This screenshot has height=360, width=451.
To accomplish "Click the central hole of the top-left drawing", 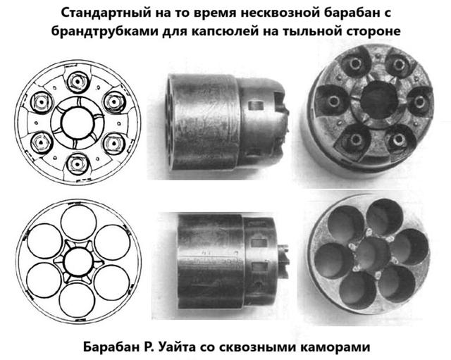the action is coord(78,123).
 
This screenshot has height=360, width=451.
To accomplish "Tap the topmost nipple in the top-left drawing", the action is coord(78,82).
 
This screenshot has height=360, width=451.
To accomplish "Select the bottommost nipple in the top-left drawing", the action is coord(77,164).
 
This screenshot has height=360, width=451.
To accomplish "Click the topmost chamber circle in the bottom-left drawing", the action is coord(78,222).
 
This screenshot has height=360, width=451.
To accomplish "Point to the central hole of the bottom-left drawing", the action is coord(78,262).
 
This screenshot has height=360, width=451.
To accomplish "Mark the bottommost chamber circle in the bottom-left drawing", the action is coord(77,301).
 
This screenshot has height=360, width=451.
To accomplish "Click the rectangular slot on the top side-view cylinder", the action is coord(256,106).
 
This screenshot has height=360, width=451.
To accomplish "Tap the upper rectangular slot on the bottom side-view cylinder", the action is coord(259,243).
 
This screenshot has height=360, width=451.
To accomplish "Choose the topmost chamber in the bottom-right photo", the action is coord(385,214).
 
